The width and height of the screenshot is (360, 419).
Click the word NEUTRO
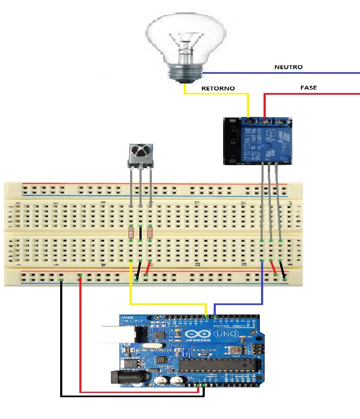[288, 67]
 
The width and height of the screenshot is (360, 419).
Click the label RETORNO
[218, 88]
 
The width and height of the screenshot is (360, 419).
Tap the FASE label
[308, 87]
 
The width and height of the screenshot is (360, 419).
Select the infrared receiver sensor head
[140, 152]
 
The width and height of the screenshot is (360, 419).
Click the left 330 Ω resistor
[131, 233]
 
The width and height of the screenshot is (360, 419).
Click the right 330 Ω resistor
[150, 233]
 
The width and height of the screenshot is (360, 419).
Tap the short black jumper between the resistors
[140, 233]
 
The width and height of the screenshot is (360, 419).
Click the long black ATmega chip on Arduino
[219, 365]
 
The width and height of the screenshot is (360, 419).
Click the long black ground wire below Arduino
[128, 396]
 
